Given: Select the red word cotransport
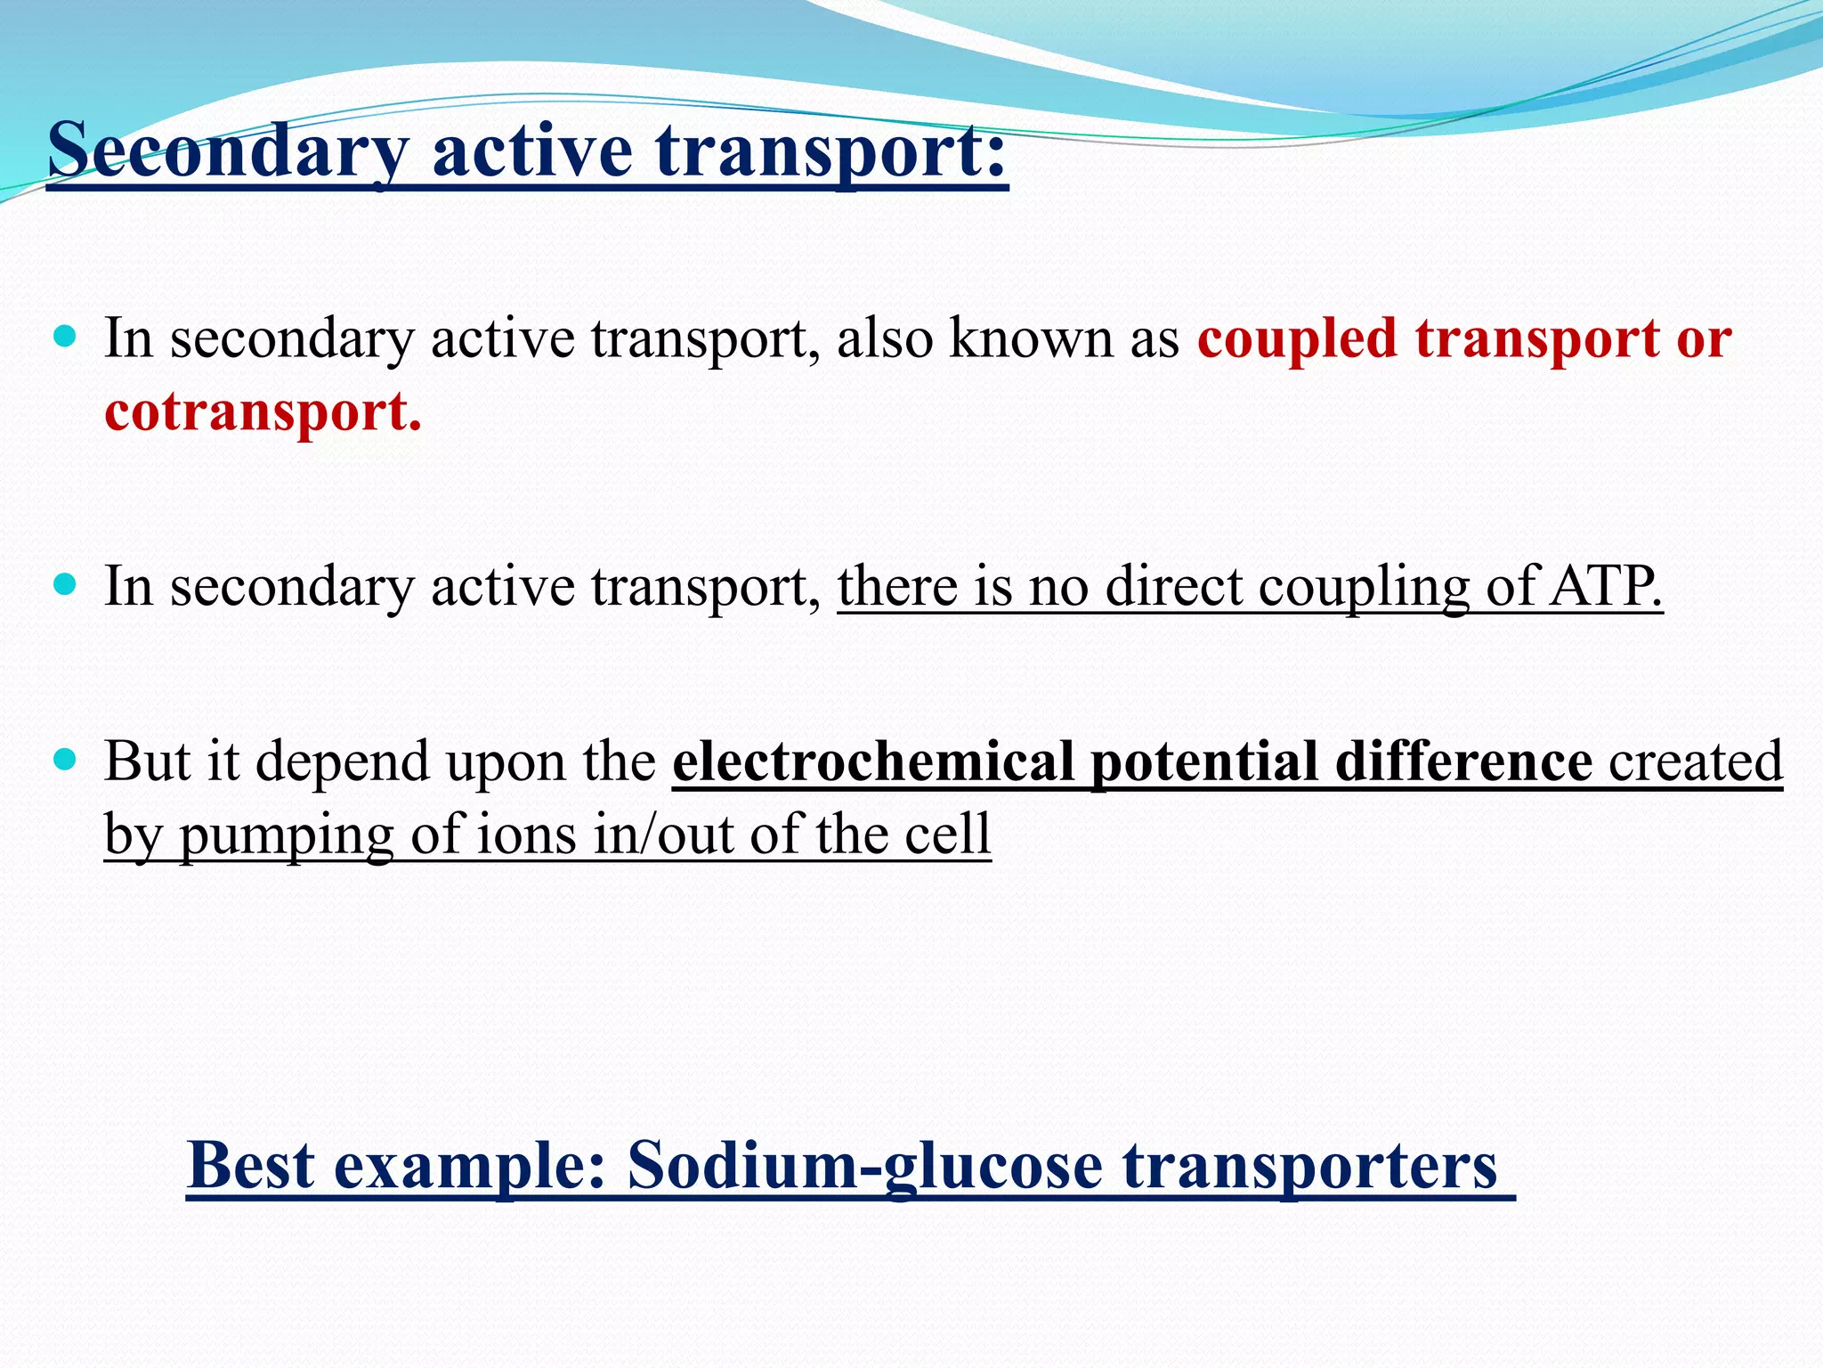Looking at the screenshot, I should coord(263,411).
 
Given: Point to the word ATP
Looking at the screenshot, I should coord(1606,586).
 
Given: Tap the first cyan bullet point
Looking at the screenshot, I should coord(65,338).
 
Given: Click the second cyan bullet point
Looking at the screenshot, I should coord(65,585).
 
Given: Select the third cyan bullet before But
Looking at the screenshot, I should coord(65,761).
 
